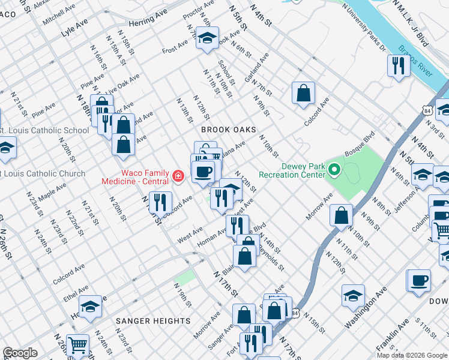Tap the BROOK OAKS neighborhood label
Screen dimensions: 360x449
pos(229,130)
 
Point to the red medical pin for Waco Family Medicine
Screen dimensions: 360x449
pos(178,176)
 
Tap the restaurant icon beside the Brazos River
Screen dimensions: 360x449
pos(399,65)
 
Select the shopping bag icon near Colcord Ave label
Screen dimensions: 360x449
pos(303,92)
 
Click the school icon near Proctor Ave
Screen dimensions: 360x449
pos(207,40)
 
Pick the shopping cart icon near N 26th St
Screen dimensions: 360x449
pos(78,345)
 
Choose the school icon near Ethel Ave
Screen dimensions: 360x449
pos(90,306)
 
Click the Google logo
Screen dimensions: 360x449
pos(20,353)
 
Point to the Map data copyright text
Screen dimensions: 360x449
pos(412,355)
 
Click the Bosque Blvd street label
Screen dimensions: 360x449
pos(365,143)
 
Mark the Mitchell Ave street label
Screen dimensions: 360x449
pos(58,20)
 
